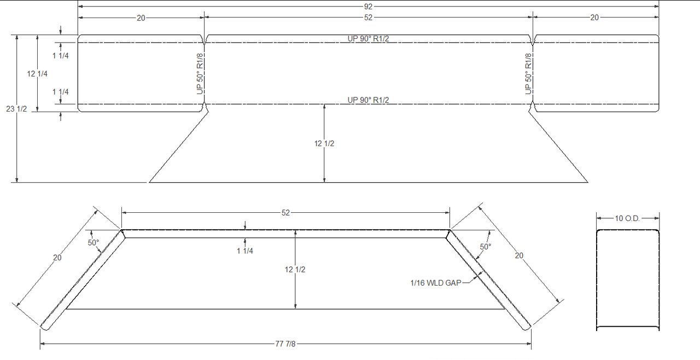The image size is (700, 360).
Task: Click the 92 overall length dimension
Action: [368, 7]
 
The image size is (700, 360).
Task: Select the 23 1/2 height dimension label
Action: [17, 109]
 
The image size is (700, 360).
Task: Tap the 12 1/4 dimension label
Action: [37, 74]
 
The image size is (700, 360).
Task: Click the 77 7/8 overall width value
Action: [286, 344]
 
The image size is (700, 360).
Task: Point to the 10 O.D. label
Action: [627, 218]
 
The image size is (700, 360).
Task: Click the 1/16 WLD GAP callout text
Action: [435, 283]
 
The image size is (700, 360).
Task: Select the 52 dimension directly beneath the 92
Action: [368, 18]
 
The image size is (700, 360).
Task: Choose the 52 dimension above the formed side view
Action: [285, 213]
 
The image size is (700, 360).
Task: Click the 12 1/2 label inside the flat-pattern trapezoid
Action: [324, 143]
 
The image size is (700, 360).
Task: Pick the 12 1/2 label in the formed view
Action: [295, 270]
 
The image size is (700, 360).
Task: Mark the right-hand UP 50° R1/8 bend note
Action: [529, 74]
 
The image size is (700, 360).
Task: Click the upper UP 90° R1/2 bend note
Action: [368, 38]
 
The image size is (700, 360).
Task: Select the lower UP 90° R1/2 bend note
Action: [368, 100]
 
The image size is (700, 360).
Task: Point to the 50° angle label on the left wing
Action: [94, 242]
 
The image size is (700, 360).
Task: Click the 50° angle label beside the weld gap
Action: [485, 247]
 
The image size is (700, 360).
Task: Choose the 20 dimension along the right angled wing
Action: [520, 255]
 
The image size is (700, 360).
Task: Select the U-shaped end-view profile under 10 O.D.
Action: [627, 280]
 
